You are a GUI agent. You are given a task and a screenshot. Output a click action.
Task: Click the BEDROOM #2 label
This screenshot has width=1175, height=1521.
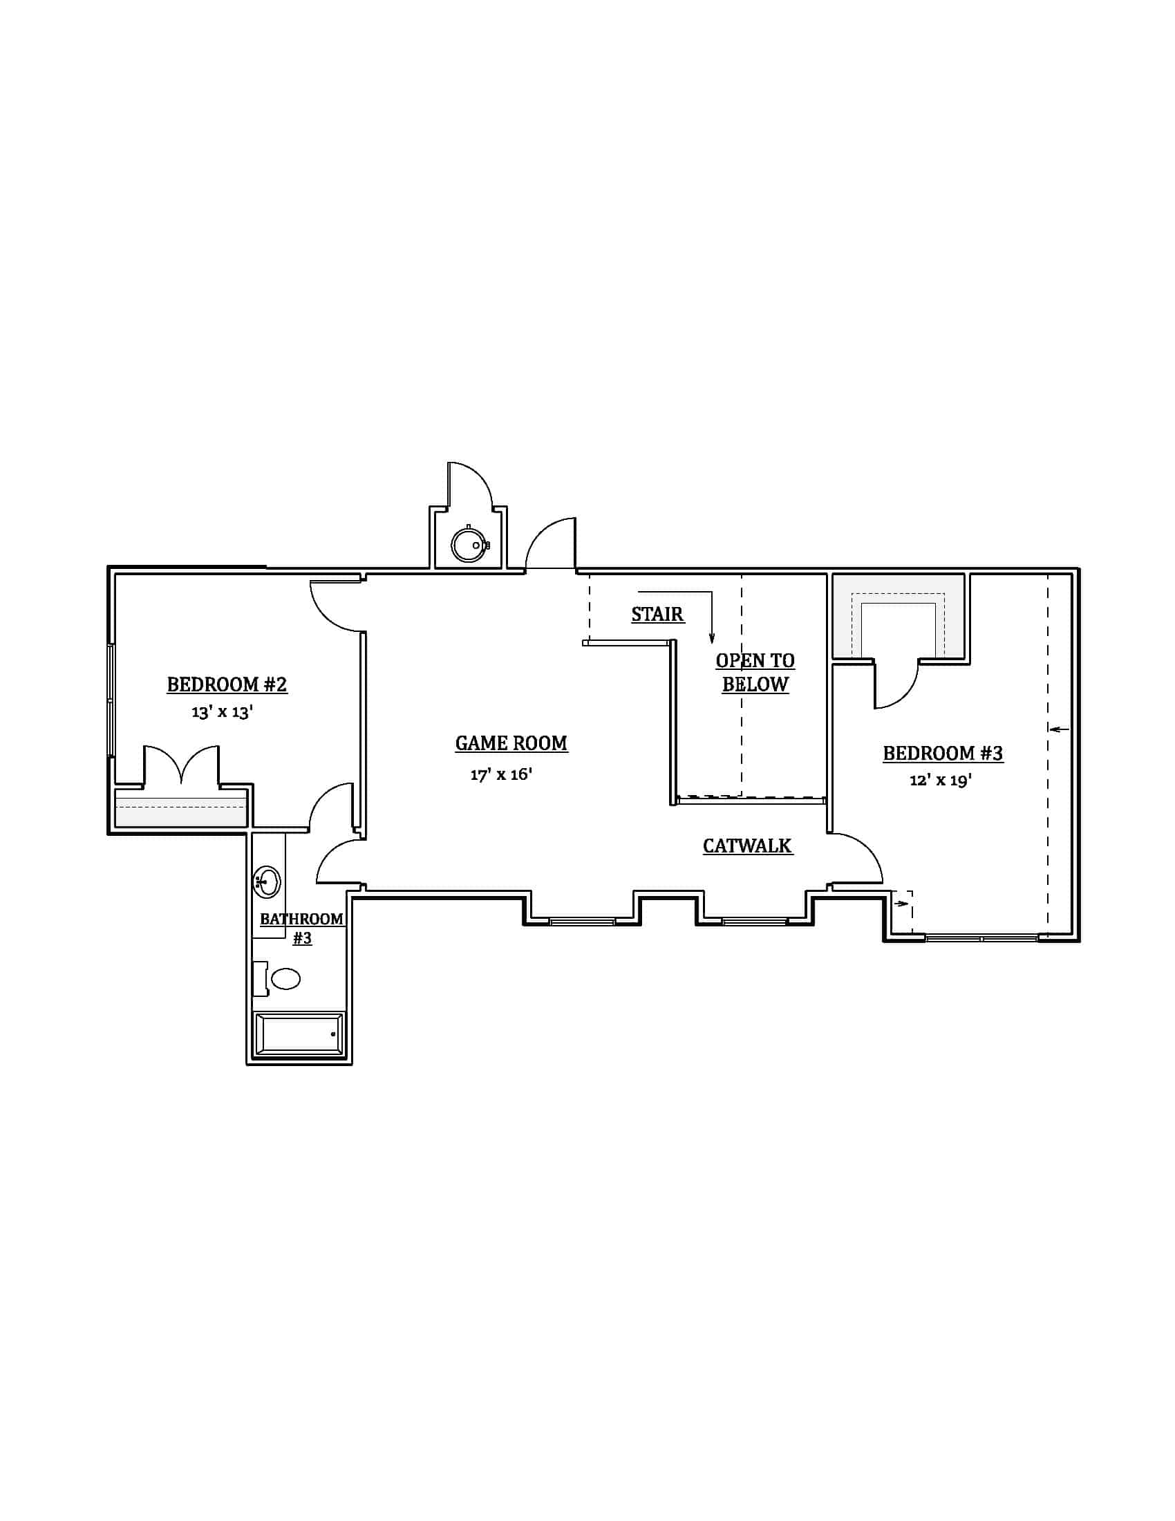point(227,684)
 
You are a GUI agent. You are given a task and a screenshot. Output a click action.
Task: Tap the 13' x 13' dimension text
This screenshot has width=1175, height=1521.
point(222,711)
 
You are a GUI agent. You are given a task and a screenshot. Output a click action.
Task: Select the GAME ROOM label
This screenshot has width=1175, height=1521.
point(511,743)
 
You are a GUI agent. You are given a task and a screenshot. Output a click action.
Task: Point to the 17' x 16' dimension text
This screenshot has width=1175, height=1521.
point(501,774)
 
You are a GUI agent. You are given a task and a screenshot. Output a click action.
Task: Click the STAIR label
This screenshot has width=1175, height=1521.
point(657,614)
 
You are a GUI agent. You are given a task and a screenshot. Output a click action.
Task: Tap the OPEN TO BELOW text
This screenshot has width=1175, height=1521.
point(755,672)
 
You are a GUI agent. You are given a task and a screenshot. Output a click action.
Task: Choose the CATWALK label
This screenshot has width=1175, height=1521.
point(747,846)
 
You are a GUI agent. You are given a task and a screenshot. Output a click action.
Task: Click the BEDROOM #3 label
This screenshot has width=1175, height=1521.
point(943,753)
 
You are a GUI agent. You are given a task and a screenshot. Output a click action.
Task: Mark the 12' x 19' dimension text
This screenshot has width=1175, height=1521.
point(941,780)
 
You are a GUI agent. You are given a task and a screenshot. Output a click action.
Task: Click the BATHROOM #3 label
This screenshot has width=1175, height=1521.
point(301,928)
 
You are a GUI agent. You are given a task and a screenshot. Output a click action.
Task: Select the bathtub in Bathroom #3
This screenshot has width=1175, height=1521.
point(299,1034)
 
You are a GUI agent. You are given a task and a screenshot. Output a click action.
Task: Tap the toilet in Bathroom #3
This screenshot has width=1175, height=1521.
point(284,978)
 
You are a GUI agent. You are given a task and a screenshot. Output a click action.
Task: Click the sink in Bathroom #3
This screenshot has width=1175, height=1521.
point(267,882)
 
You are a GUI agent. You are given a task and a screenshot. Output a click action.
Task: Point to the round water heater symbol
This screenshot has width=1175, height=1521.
point(468,545)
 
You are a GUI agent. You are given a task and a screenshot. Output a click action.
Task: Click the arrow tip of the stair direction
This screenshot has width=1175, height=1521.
point(711,641)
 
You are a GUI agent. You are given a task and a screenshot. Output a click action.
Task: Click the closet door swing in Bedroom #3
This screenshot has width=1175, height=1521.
point(896,686)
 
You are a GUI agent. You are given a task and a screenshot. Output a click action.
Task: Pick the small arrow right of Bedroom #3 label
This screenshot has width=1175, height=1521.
point(1059,729)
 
